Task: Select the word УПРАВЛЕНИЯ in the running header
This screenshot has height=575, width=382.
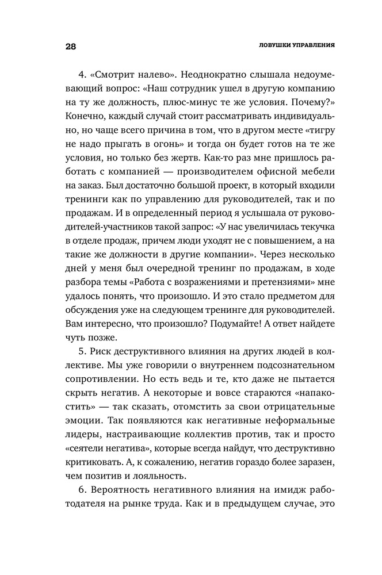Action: pos(311,45)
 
